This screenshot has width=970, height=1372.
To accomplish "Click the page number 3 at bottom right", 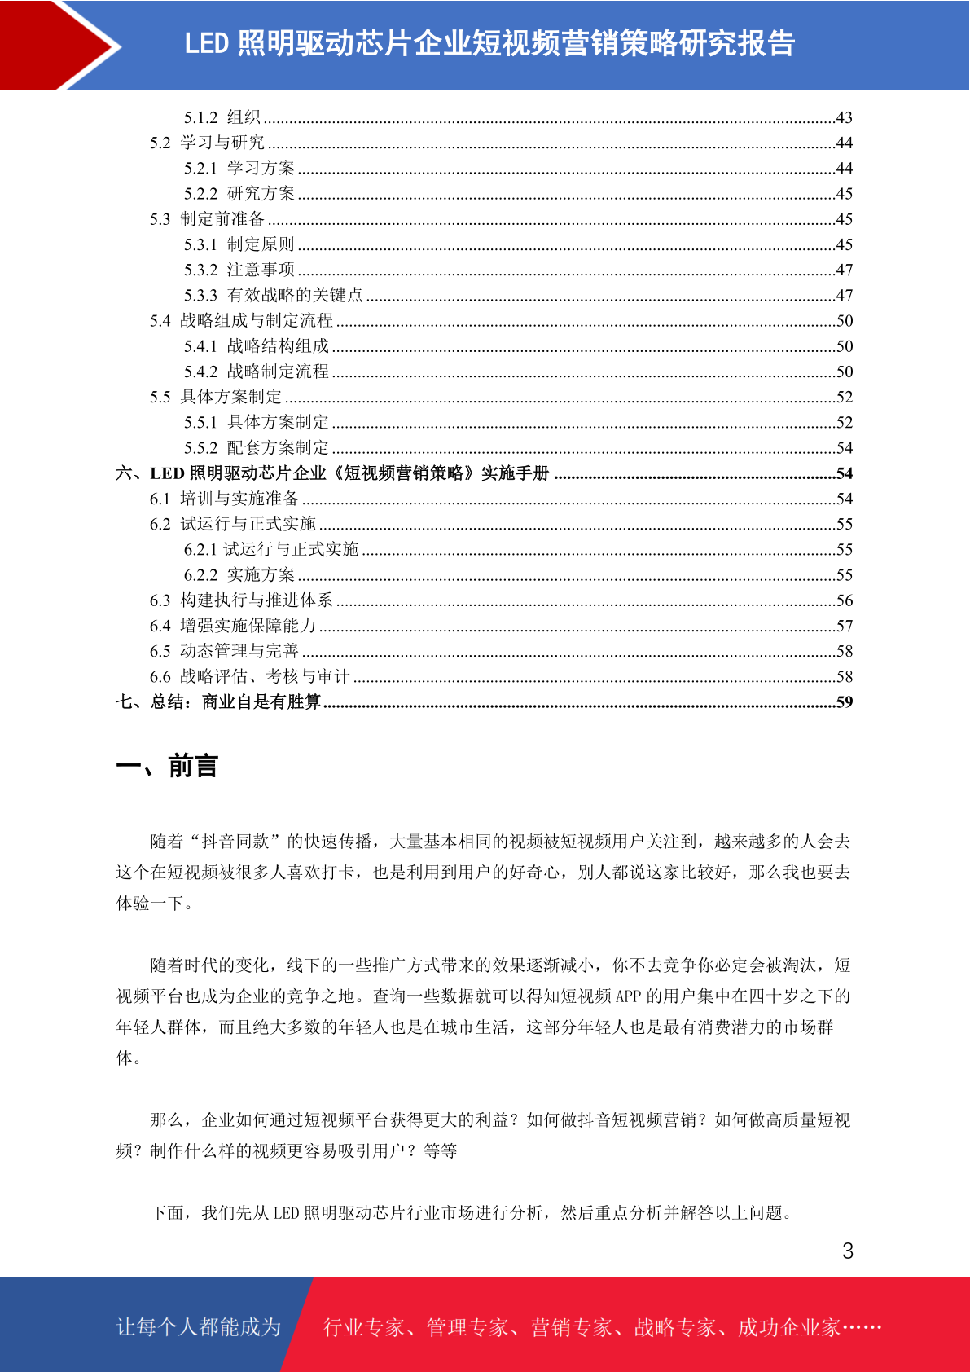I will [x=847, y=1251].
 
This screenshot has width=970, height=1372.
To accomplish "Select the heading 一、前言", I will [x=167, y=767].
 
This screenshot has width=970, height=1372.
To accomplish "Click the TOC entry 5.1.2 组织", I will [x=222, y=117].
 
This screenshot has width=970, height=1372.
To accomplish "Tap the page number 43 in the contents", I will [x=844, y=117].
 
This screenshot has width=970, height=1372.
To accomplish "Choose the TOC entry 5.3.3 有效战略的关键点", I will [x=273, y=295].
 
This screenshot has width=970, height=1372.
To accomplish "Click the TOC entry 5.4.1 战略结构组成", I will [x=256, y=346].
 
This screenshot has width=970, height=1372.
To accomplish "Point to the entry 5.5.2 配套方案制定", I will [x=256, y=448].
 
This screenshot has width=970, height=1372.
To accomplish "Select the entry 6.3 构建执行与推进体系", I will [x=241, y=600].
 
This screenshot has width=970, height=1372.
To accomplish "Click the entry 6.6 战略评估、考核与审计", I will [x=249, y=677].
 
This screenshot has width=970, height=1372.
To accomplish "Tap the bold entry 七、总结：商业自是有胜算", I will [x=218, y=702].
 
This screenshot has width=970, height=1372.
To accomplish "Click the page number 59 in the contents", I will [x=844, y=702].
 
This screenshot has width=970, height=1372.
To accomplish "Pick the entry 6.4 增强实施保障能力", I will [x=233, y=626].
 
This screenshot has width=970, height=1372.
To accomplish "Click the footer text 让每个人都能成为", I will [x=199, y=1327].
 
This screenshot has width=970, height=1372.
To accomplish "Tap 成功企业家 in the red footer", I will [x=788, y=1327].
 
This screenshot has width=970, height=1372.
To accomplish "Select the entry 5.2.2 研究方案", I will [x=239, y=194].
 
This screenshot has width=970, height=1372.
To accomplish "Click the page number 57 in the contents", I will [x=844, y=626].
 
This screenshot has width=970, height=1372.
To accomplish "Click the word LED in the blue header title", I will [x=206, y=44].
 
